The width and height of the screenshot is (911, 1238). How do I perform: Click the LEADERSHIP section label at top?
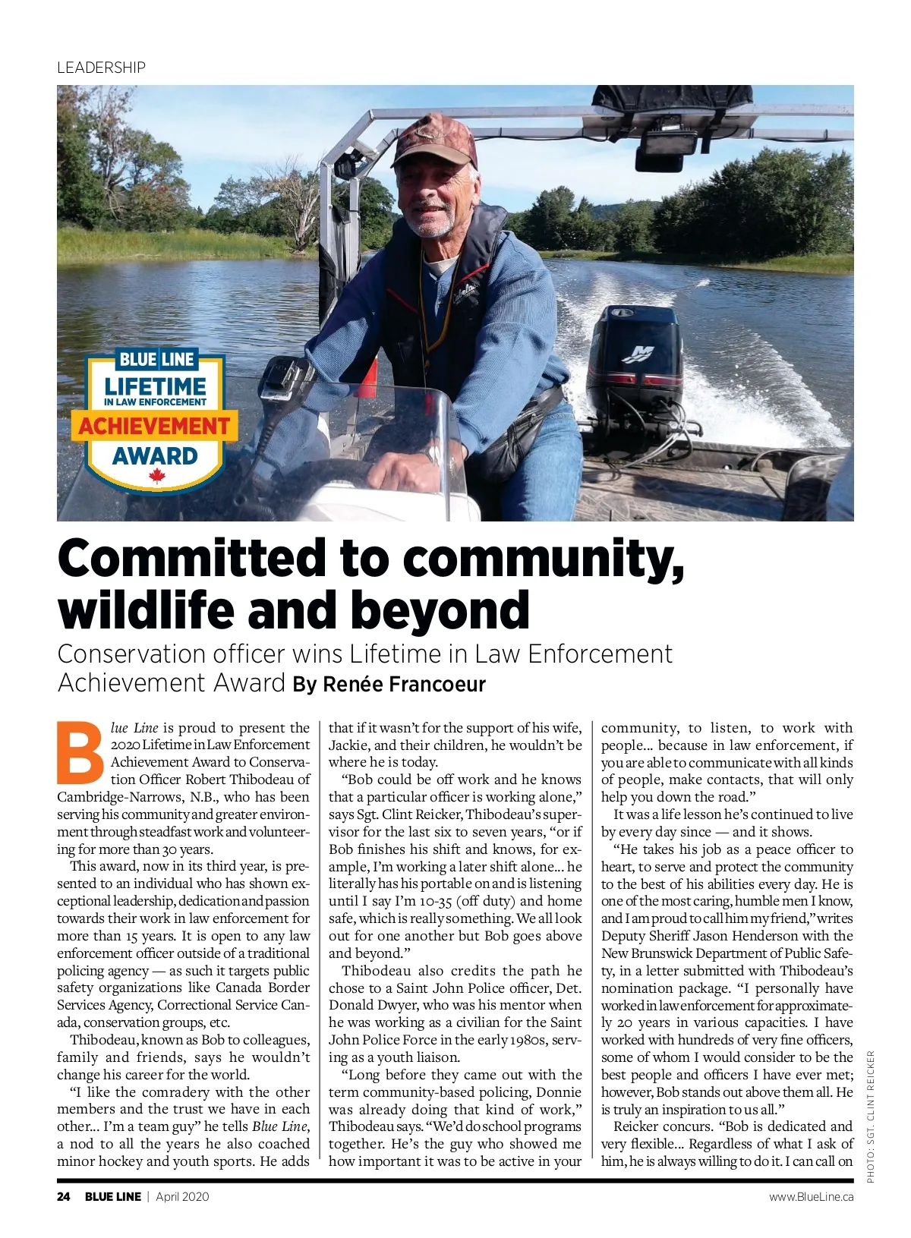(x=101, y=68)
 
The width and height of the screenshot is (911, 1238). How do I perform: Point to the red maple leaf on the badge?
(x=157, y=477)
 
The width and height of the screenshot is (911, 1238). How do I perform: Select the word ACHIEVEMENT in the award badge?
(x=154, y=426)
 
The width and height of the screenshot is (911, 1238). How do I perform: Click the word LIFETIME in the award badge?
(x=155, y=386)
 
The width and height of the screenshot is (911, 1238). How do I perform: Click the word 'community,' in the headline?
(x=544, y=558)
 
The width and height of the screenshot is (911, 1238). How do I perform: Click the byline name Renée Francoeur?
(x=404, y=685)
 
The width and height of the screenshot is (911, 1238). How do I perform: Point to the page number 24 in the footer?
(x=64, y=1197)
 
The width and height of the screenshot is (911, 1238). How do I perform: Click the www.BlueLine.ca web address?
(x=811, y=1197)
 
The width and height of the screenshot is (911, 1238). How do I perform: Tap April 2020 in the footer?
(x=182, y=1197)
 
